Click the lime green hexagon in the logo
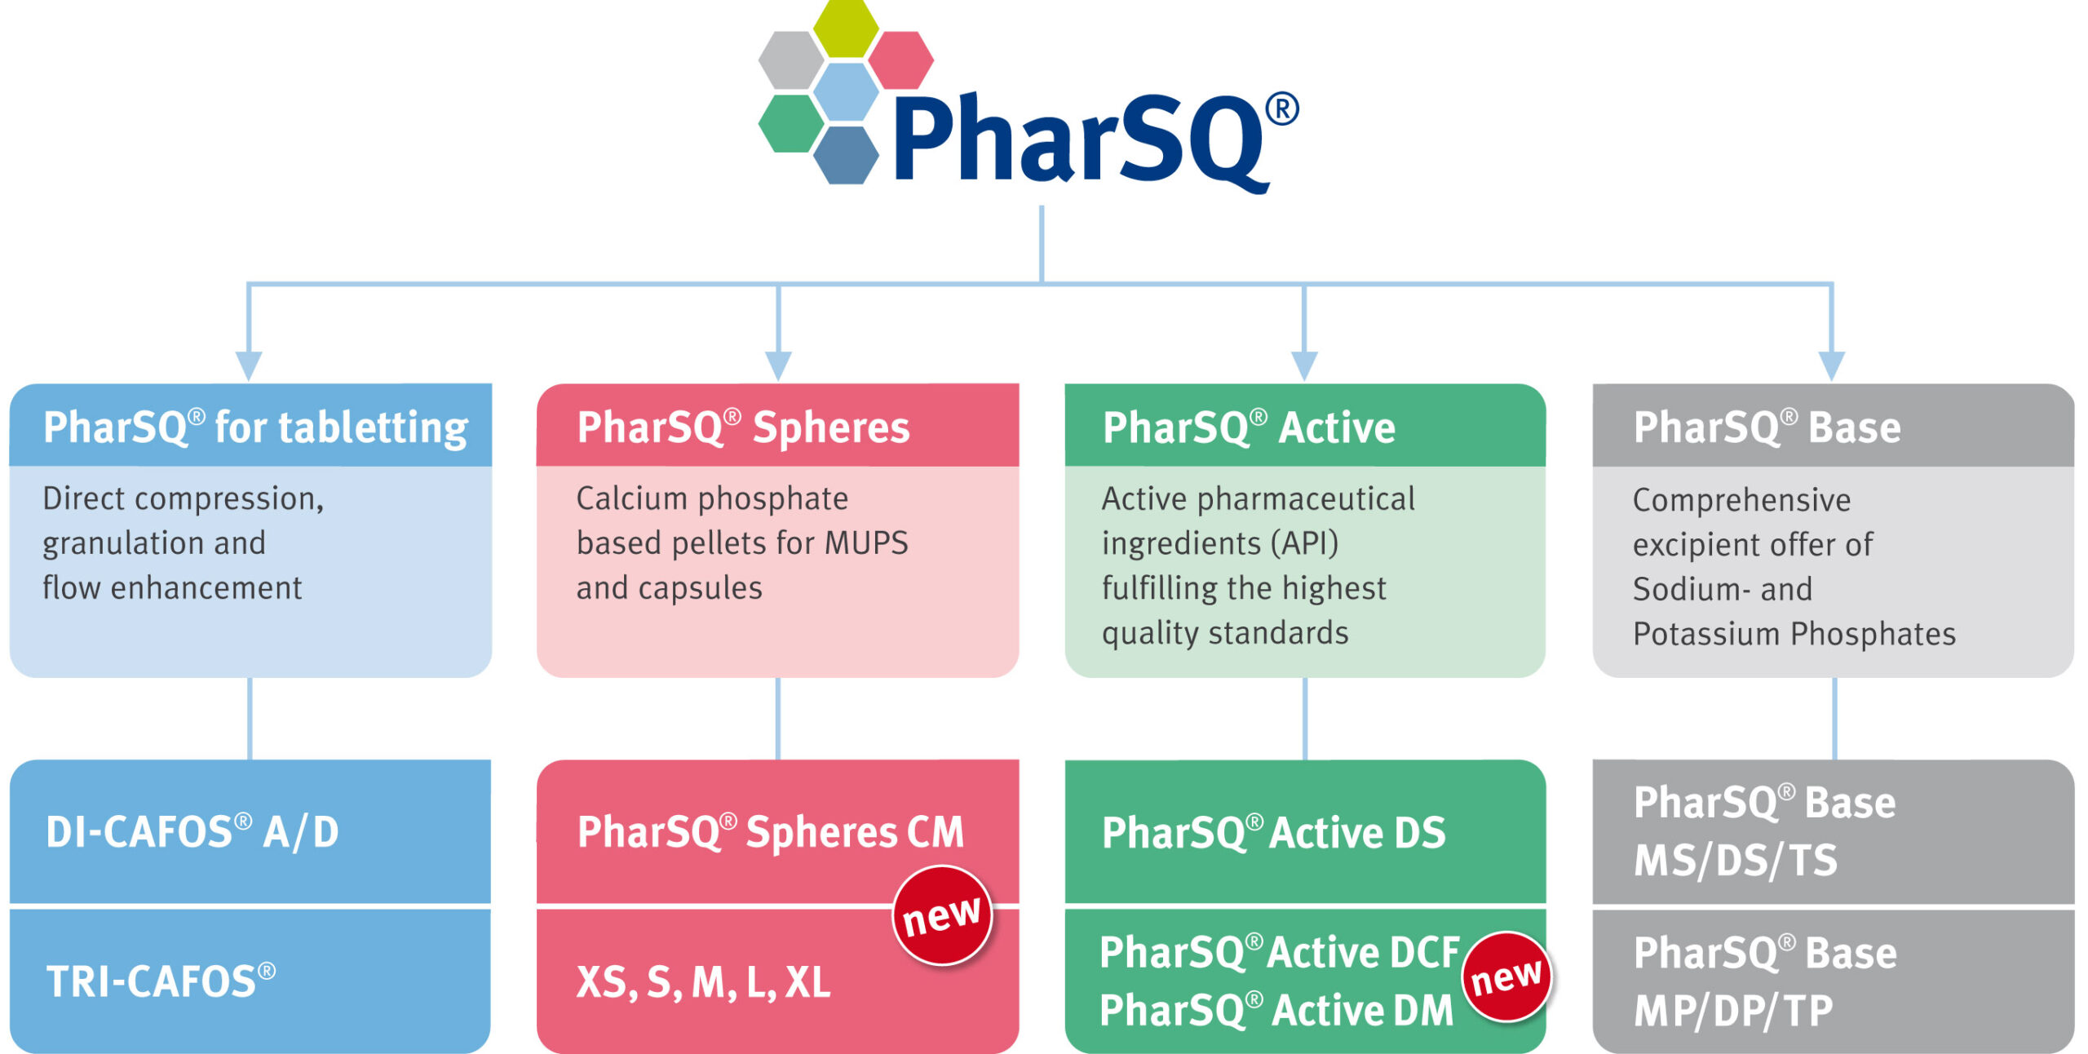coord(846,29)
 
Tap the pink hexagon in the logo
coord(900,60)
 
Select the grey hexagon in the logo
coord(791,60)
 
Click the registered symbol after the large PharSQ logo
coord(1281,108)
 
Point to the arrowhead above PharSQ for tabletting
coord(249,365)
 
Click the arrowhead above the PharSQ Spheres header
coord(778,365)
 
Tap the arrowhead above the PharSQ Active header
coord(1304,365)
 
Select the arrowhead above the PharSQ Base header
coord(1832,365)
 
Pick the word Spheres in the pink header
coord(830,427)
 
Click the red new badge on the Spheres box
coord(942,915)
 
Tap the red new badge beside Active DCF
coord(1506,976)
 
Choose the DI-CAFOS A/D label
coord(192,832)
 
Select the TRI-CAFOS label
coord(161,981)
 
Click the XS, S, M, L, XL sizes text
coord(703,982)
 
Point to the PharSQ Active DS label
coord(1273,833)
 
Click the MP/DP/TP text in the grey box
coord(1733,1011)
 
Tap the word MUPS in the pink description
coord(866,543)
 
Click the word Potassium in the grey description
coord(1705,635)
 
